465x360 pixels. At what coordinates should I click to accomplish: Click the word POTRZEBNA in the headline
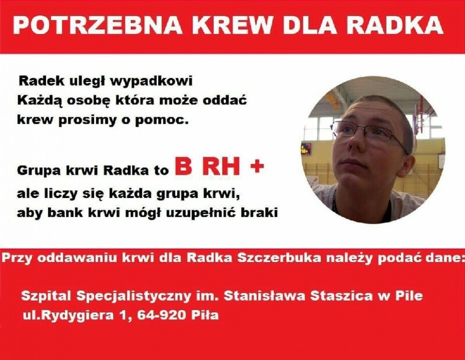[98, 24]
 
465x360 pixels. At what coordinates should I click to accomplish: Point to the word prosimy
[90, 121]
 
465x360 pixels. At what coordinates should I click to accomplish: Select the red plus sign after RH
[257, 166]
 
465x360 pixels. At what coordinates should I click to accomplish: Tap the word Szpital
[47, 296]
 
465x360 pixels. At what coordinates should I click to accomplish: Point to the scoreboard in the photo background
[307, 148]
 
